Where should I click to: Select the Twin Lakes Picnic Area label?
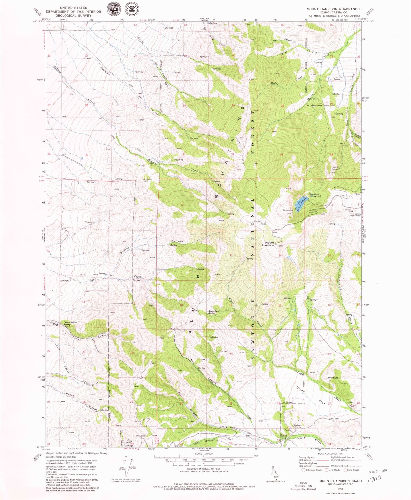356,215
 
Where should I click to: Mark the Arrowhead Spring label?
214,312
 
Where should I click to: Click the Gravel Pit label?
354,405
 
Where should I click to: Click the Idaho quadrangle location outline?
276,475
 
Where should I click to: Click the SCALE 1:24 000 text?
204,454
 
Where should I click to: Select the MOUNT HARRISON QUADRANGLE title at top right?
334,9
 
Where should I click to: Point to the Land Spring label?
336,168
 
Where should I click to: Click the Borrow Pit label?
348,210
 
